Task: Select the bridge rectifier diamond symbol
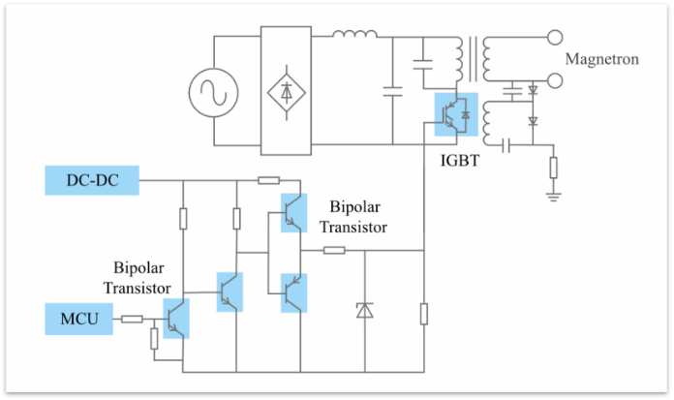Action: click(287, 93)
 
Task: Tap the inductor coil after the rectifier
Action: click(354, 38)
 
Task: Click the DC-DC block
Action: click(93, 179)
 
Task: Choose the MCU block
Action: click(78, 318)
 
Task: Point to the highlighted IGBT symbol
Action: click(455, 112)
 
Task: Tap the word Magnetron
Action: click(601, 60)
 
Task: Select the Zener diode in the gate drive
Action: click(364, 311)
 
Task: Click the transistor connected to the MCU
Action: click(176, 319)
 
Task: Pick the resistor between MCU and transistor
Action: click(132, 318)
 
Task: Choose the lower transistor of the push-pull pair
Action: click(291, 292)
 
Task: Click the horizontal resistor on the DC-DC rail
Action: click(269, 179)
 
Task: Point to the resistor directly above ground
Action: click(554, 167)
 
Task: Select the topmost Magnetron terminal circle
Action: click(555, 39)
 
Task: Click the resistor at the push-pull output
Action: click(334, 251)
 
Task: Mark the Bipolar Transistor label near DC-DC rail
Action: click(358, 217)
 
